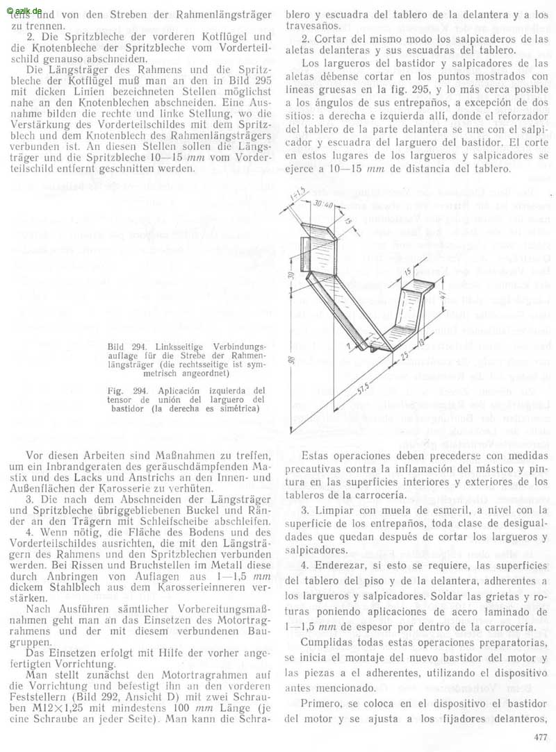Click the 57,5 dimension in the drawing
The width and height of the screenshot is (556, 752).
coord(361,387)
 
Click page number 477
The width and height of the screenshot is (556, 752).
coord(540,737)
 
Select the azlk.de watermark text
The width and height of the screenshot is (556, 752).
coord(24,6)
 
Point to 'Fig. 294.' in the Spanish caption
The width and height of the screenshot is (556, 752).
coord(126,390)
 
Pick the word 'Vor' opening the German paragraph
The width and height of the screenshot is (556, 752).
coord(33,456)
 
